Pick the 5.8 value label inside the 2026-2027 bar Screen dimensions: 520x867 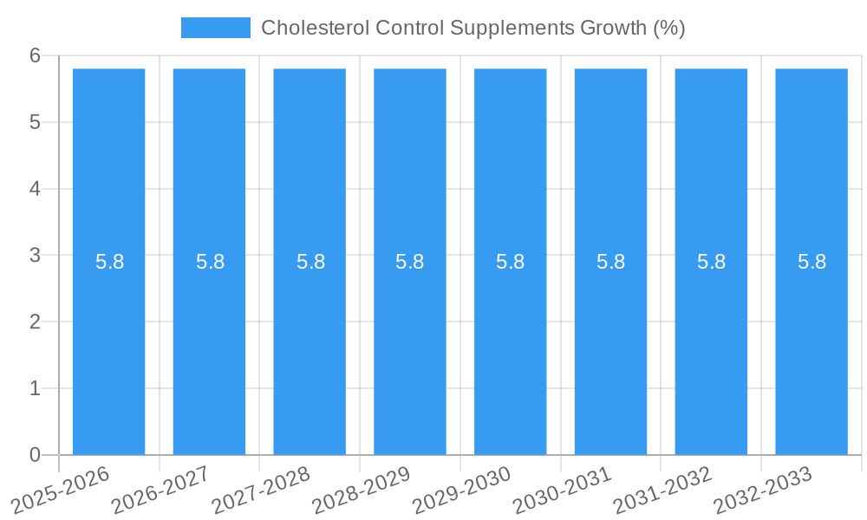tap(210, 262)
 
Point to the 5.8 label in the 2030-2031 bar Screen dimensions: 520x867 tap(610, 262)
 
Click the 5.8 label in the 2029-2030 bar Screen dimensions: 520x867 tap(510, 262)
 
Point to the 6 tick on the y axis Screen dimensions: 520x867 tap(35, 55)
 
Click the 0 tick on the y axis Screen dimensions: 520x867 tap(35, 455)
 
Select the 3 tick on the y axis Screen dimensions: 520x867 tap(35, 256)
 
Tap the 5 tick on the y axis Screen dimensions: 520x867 tap(35, 122)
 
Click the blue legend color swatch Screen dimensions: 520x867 tap(215, 28)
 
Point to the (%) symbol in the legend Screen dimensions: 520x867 tap(668, 28)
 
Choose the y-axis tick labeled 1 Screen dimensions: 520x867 tap(35, 388)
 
